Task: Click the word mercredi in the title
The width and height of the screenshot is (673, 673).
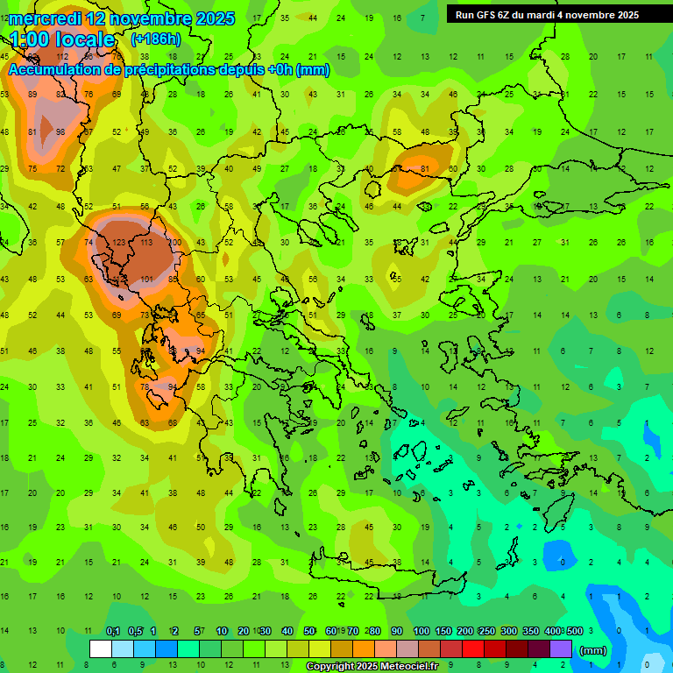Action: click(44, 18)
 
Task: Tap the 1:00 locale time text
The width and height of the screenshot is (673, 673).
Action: click(62, 39)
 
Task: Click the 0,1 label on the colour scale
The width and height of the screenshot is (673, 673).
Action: click(113, 632)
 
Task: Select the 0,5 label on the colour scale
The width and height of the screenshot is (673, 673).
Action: click(135, 632)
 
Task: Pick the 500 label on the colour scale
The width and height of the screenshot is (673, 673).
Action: click(574, 632)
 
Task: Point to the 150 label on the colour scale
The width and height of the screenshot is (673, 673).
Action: click(444, 632)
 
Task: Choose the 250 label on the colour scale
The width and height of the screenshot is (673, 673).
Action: click(486, 632)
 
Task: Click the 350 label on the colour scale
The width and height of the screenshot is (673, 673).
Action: click(530, 632)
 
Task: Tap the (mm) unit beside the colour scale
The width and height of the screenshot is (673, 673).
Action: click(593, 650)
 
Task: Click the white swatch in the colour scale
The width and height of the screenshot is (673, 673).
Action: click(101, 649)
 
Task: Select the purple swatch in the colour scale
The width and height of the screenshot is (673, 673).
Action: click(561, 649)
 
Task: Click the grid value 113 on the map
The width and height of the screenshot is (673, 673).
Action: click(145, 242)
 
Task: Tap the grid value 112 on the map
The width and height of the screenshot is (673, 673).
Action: click(62, 56)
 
